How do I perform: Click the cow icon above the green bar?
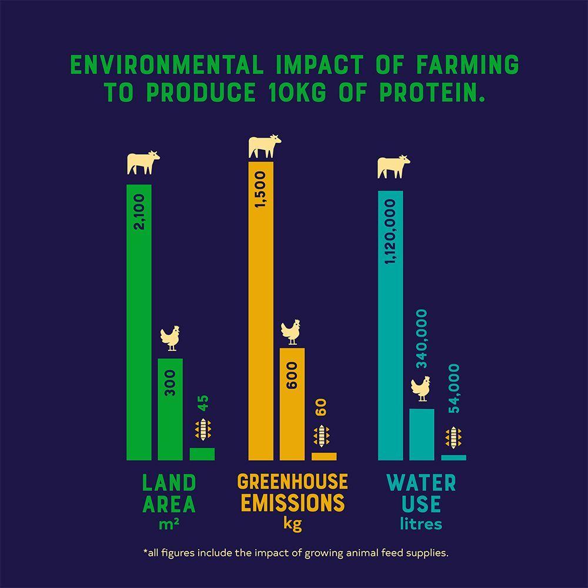[x=143, y=162]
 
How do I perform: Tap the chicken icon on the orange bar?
[x=290, y=332]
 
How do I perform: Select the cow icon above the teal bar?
[x=393, y=166]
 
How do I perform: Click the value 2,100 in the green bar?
[x=139, y=212]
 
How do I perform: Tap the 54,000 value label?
[x=454, y=389]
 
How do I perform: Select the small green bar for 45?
[x=202, y=454]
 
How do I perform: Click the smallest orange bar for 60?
[x=324, y=456]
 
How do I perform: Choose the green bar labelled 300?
[x=170, y=409]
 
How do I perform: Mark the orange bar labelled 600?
[x=292, y=403]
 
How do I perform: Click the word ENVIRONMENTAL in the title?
[x=166, y=65]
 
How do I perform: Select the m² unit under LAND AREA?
[x=169, y=524]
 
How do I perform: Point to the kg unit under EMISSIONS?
[x=292, y=523]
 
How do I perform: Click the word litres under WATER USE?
[x=420, y=523]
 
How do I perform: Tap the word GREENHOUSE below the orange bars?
[x=292, y=482]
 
